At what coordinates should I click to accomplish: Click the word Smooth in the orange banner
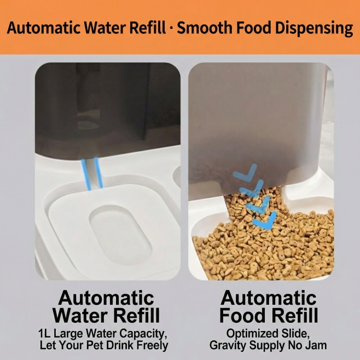click(205, 28)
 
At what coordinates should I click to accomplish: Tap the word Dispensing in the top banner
click(314, 28)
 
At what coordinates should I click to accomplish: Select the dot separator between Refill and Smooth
click(171, 28)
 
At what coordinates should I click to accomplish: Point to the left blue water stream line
click(86, 174)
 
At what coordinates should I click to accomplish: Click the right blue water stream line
click(98, 172)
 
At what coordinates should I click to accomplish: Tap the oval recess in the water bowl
click(121, 235)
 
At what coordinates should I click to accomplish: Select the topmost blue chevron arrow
click(245, 172)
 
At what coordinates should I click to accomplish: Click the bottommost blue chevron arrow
click(265, 220)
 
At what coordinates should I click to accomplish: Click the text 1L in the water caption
click(44, 334)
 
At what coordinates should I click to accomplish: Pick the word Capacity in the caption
click(143, 334)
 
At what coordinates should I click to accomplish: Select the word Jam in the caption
click(317, 345)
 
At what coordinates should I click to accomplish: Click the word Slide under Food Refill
click(295, 334)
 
